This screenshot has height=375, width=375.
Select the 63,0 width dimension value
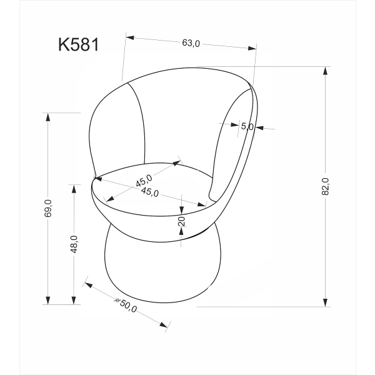[x=191, y=43]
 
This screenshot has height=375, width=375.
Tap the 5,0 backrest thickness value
[x=247, y=126]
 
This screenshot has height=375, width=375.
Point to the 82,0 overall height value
[x=325, y=186]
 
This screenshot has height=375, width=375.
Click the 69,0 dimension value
[x=48, y=208]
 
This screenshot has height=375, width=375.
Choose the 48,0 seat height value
[x=74, y=244]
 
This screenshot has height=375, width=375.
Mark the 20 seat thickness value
[x=181, y=222]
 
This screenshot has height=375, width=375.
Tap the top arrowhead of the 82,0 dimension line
[x=325, y=71]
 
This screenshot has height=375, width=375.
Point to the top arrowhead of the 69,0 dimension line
[x=48, y=117]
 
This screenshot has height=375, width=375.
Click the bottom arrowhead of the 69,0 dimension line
[x=48, y=301]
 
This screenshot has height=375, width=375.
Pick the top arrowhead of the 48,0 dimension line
[x=74, y=188]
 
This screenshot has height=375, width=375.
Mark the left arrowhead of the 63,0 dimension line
[x=130, y=37]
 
